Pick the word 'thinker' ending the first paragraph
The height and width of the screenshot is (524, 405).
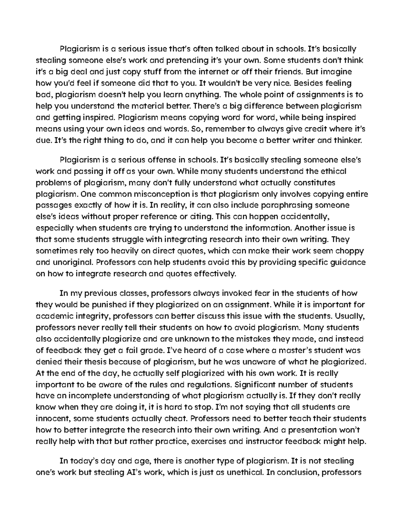pyautogui.click(x=347, y=140)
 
